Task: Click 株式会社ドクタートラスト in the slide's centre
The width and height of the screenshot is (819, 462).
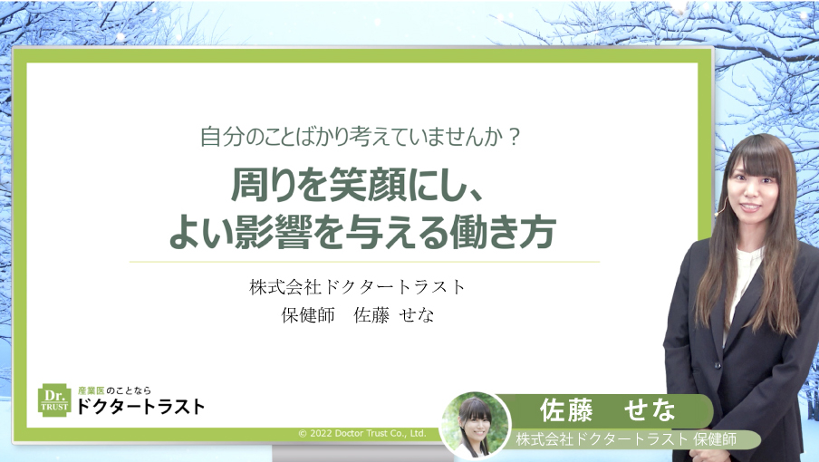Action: click(358, 287)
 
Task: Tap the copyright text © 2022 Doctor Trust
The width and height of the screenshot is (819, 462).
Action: click(362, 434)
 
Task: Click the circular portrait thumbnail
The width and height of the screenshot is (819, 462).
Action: click(476, 423)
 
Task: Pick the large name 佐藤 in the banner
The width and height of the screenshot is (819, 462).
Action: click(565, 410)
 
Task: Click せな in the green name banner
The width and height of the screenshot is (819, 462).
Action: click(650, 410)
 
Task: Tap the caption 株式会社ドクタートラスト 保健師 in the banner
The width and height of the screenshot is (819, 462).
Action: click(625, 439)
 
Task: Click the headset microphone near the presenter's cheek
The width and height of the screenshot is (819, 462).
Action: click(719, 210)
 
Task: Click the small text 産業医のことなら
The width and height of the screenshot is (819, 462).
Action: click(113, 390)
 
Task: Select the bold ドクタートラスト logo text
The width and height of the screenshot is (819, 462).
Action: click(141, 407)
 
